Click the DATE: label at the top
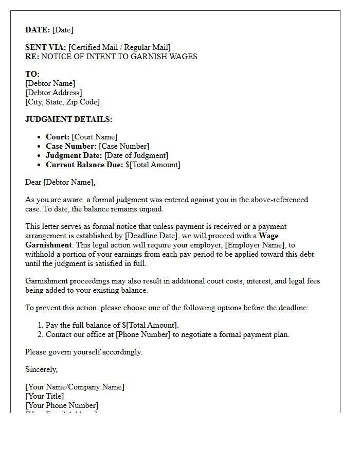pos(38,30)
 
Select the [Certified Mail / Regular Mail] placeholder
pos(119,48)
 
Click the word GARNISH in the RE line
pos(142,57)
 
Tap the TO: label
pos(32,74)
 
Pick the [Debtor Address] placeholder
pos(53,93)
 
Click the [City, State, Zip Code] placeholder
pos(62,102)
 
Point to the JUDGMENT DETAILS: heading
pos(68,119)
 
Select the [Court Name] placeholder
pos(95,137)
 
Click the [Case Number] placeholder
pos(124,146)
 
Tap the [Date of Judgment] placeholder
pos(136,155)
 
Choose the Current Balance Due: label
pos(84,165)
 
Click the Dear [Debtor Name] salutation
pos(60,182)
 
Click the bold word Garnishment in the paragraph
pos(48,245)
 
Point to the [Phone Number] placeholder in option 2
pos(143,334)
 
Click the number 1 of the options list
pos(40,325)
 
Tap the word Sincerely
pos(41,369)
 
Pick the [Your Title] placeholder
pos(45,396)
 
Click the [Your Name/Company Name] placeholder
pos(75,387)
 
